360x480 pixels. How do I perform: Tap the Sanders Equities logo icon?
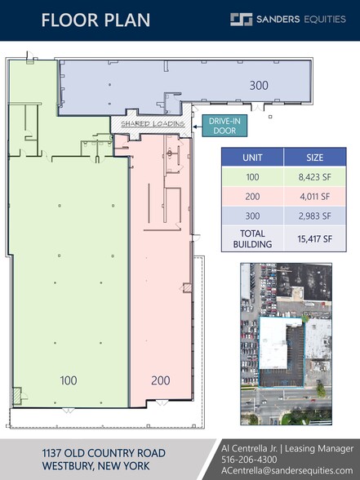[x=242, y=20]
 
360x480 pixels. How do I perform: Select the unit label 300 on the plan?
[x=259, y=85]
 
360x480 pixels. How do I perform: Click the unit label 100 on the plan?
[x=69, y=380]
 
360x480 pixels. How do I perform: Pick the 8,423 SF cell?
[x=313, y=176]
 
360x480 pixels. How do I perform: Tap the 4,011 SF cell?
[x=313, y=197]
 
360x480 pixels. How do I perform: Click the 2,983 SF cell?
[x=313, y=216]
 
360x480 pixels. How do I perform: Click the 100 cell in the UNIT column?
[x=252, y=176]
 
